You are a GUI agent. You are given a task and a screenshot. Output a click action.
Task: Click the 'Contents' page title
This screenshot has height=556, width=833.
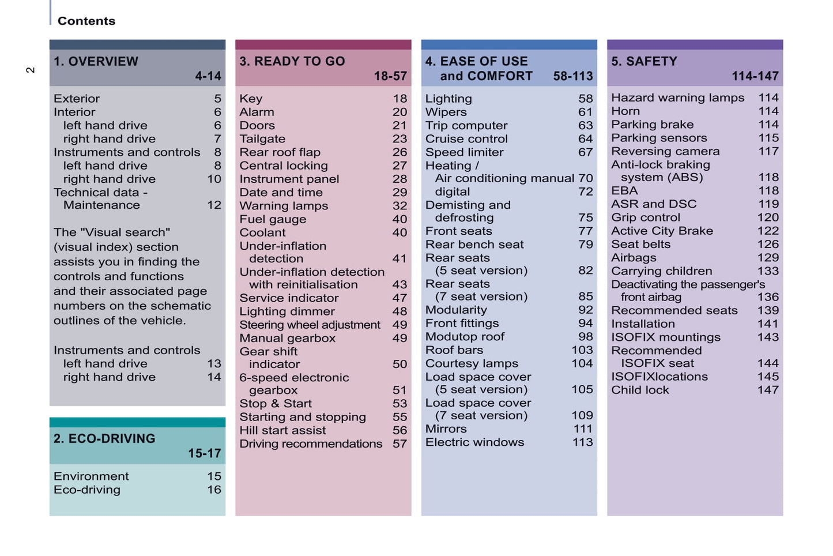pyautogui.click(x=86, y=21)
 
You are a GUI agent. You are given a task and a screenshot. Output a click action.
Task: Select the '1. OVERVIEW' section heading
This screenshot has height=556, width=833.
pyautogui.click(x=96, y=62)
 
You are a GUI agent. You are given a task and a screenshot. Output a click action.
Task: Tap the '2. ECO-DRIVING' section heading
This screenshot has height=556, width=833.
pyautogui.click(x=104, y=438)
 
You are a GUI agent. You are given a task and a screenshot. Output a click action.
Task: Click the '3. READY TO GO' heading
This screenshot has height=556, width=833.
pyautogui.click(x=292, y=62)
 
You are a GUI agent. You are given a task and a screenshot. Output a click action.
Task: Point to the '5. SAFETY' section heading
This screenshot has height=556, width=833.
pyautogui.click(x=644, y=62)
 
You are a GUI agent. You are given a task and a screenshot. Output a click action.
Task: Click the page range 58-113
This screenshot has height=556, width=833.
pyautogui.click(x=572, y=76)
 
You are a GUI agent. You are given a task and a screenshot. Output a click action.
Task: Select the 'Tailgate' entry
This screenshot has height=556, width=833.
pyautogui.click(x=262, y=139)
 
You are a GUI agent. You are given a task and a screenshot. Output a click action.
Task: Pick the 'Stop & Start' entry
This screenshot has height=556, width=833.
pyautogui.click(x=276, y=404)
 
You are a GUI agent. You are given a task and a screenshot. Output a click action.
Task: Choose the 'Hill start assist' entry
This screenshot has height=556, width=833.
pyautogui.click(x=282, y=430)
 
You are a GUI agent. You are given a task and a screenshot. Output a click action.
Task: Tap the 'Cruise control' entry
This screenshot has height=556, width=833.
pyautogui.click(x=466, y=139)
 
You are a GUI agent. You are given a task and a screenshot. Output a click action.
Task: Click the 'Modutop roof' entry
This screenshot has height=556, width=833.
pyautogui.click(x=465, y=336)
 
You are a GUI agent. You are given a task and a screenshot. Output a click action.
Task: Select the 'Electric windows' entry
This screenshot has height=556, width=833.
pyautogui.click(x=474, y=442)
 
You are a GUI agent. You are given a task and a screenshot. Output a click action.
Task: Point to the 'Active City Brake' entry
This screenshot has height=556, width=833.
pyautogui.click(x=662, y=231)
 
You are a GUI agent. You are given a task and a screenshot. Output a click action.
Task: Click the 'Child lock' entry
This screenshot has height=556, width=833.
pyautogui.click(x=640, y=390)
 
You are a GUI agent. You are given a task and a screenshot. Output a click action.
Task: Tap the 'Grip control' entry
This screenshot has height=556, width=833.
pyautogui.click(x=646, y=217)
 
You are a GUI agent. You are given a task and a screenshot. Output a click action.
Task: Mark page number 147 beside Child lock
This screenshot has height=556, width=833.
pyautogui.click(x=768, y=390)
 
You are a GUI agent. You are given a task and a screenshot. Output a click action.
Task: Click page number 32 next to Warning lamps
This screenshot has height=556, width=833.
pyautogui.click(x=399, y=206)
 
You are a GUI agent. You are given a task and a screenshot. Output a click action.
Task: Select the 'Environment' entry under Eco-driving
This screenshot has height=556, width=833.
pyautogui.click(x=91, y=476)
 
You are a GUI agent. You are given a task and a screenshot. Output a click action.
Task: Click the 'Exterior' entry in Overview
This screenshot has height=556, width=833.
pyautogui.click(x=77, y=99)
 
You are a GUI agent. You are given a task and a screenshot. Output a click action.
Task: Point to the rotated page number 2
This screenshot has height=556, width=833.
pyautogui.click(x=31, y=70)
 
